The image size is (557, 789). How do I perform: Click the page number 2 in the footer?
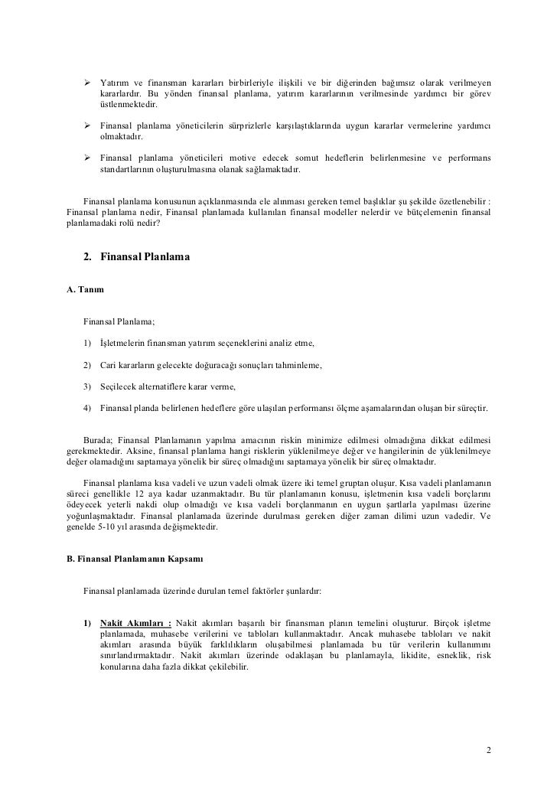click(489, 748)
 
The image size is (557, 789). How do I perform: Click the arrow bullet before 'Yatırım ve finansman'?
click(86, 82)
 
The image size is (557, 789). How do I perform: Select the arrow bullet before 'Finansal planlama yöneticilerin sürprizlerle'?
click(86, 125)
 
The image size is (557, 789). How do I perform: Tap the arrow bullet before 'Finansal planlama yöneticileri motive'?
click(86, 158)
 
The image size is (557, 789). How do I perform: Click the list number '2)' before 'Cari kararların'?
click(88, 366)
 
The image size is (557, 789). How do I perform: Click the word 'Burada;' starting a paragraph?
click(99, 442)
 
